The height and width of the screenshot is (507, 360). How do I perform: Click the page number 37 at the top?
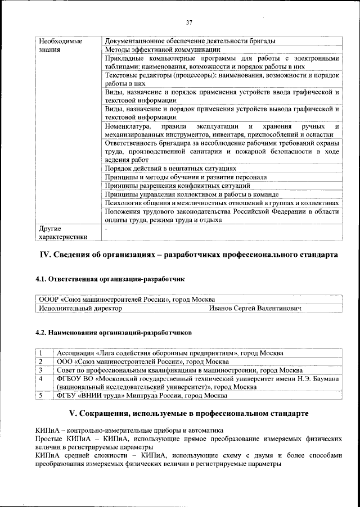(188, 22)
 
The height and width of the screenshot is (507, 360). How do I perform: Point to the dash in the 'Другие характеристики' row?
(106, 229)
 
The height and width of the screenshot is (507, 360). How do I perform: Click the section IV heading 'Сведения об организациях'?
(188, 255)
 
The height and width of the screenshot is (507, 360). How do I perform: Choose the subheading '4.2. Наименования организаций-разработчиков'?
(113, 333)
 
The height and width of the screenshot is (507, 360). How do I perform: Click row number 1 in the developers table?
(41, 353)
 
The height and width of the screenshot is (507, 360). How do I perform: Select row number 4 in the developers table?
(41, 379)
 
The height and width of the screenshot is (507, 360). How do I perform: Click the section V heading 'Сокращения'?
(188, 414)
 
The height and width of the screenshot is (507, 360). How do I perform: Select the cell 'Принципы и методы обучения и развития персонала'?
(186, 177)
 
